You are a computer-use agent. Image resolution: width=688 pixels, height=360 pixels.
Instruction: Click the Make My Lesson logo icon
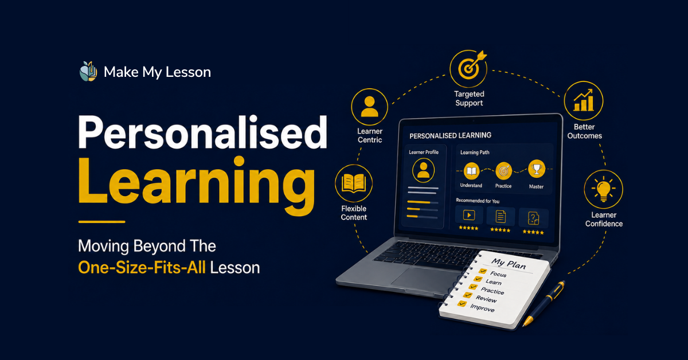pyautogui.click(x=88, y=71)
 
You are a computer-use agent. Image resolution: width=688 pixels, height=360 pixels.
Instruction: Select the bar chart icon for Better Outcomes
pyautogui.click(x=584, y=100)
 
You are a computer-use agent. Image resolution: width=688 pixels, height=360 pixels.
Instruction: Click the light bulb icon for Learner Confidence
pyautogui.click(x=604, y=189)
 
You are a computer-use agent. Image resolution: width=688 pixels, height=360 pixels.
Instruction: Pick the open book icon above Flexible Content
pyautogui.click(x=354, y=183)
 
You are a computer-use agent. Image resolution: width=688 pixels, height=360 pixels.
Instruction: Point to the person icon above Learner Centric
pyautogui.click(x=369, y=107)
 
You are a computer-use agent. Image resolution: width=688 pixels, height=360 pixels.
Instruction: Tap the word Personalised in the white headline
pyautogui.click(x=203, y=132)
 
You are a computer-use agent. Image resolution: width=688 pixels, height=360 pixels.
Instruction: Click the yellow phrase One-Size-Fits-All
pyautogui.click(x=142, y=268)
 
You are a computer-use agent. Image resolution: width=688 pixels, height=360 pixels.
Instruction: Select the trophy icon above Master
pyautogui.click(x=537, y=169)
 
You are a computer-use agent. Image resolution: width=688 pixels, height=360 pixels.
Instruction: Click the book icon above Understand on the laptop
pyautogui.click(x=471, y=171)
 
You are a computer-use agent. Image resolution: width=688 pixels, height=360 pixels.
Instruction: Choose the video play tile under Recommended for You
pyautogui.click(x=469, y=215)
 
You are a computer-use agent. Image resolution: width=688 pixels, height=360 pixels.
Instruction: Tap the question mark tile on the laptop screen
pyautogui.click(x=534, y=218)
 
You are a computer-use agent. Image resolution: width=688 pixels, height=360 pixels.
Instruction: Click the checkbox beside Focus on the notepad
pyautogui.click(x=483, y=271)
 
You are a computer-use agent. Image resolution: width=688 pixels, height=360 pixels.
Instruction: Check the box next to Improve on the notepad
pyautogui.click(x=462, y=303)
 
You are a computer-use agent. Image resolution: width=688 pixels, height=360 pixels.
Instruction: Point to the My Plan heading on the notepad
pyautogui.click(x=509, y=264)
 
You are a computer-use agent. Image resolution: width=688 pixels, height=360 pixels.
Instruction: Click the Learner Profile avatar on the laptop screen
pyautogui.click(x=423, y=170)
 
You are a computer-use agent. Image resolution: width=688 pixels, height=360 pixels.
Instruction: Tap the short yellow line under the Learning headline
pyautogui.click(x=101, y=221)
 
